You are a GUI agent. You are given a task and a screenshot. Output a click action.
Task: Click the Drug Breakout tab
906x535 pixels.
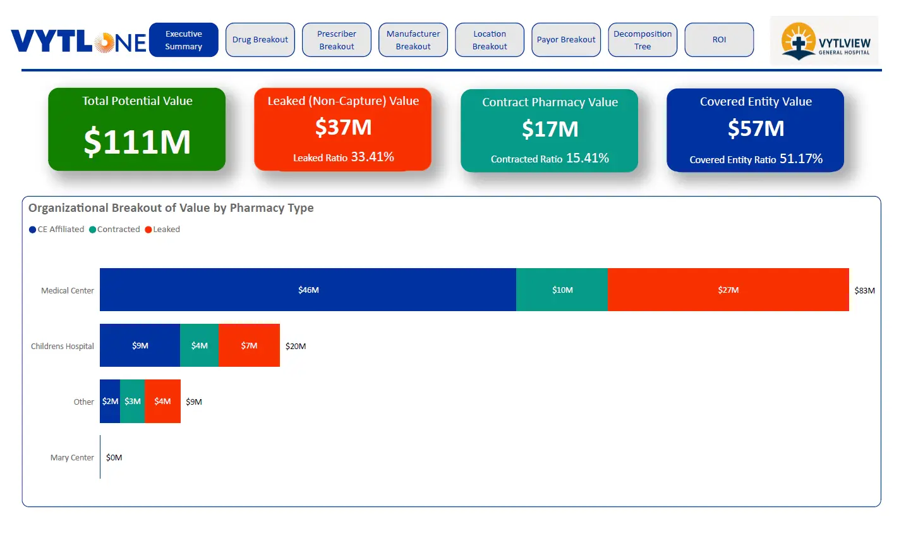point(260,40)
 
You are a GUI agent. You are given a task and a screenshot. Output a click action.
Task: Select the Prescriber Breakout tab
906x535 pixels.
point(336,40)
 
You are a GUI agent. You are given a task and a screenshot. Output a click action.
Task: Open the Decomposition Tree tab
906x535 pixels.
point(642,40)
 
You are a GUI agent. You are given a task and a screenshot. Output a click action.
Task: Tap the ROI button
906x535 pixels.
point(719,40)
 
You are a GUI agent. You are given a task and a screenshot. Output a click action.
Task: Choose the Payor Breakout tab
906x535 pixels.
point(565,40)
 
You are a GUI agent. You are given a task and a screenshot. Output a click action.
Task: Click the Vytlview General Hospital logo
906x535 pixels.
point(824,41)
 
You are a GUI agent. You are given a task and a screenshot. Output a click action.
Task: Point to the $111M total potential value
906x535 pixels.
point(137,141)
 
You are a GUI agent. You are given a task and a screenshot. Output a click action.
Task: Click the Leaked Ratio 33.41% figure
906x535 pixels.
point(344,157)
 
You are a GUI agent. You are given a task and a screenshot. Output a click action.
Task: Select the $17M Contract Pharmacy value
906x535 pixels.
point(550,129)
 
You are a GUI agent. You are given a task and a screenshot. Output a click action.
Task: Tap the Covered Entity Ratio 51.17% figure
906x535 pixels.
point(756,159)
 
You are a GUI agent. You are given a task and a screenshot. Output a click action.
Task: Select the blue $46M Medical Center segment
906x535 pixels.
point(308,290)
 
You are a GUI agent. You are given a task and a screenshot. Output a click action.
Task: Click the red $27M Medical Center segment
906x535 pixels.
point(728,290)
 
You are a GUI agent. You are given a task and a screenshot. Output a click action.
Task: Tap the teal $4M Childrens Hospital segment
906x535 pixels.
point(199,345)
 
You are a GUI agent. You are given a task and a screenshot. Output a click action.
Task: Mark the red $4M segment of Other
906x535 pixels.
point(162,401)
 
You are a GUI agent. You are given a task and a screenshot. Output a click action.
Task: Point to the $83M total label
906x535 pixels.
point(864,290)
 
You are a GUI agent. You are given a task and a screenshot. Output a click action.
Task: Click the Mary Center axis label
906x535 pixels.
point(72,457)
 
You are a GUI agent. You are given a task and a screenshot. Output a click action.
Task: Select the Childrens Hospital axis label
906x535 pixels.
point(63,346)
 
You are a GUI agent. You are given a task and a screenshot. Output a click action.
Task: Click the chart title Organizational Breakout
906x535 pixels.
point(171,208)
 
